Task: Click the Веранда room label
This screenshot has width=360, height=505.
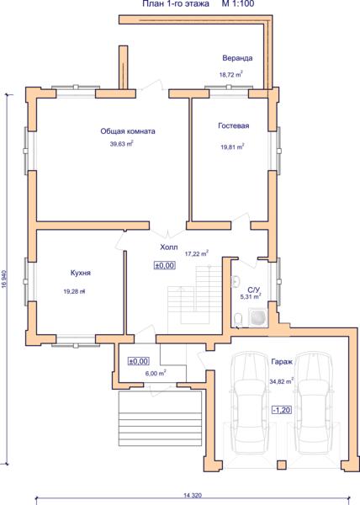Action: (237, 58)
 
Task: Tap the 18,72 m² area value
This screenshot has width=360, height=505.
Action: (231, 74)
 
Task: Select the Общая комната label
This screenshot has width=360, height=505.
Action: (128, 131)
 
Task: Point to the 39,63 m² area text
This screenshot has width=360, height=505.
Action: (122, 144)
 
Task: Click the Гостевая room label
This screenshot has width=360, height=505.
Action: (234, 125)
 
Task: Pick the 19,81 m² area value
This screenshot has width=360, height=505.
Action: (232, 146)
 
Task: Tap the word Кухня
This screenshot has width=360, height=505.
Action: (81, 273)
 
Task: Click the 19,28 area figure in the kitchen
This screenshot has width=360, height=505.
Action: (74, 292)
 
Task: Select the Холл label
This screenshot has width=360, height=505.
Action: (169, 247)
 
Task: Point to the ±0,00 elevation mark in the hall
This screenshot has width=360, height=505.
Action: (165, 265)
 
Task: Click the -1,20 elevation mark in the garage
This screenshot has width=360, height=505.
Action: (282, 410)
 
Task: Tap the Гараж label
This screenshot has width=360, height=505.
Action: (282, 362)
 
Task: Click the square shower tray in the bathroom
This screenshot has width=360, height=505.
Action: (257, 317)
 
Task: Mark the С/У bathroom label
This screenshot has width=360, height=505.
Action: (251, 290)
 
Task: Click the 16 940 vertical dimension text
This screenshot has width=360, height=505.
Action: (4, 279)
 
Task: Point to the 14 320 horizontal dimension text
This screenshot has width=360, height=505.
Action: (193, 496)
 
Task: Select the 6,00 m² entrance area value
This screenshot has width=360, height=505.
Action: (156, 373)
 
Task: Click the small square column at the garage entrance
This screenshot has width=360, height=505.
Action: (282, 465)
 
